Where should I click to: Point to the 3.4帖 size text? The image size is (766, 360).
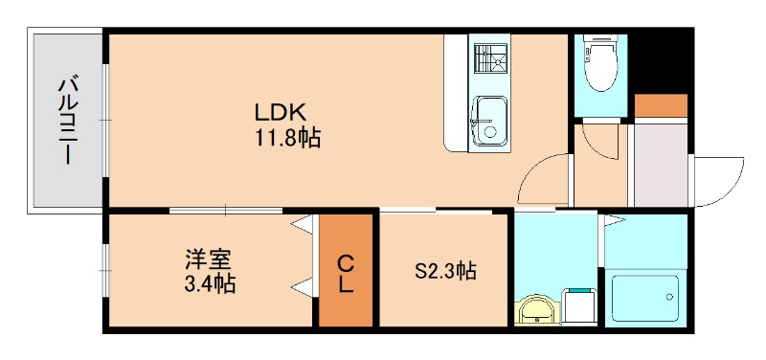[210, 283]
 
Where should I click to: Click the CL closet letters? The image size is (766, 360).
[345, 273]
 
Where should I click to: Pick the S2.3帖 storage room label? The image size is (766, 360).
[445, 272]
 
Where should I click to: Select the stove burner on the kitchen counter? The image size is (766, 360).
[491, 59]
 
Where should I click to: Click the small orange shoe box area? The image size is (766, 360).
[661, 105]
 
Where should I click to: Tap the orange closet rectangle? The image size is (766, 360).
[345, 272]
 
